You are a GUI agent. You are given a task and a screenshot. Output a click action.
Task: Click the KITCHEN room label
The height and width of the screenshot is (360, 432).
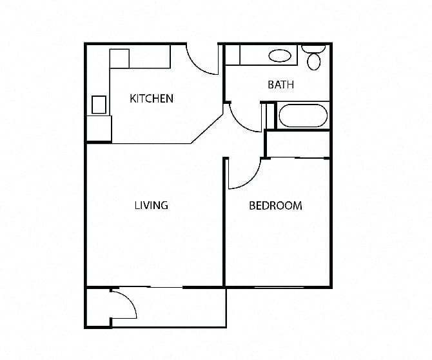152,99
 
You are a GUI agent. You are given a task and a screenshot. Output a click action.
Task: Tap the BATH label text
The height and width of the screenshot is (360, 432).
280,85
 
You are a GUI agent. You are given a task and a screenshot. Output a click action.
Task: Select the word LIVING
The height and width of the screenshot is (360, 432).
152,205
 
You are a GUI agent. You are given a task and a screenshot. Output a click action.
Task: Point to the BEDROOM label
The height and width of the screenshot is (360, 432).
275,206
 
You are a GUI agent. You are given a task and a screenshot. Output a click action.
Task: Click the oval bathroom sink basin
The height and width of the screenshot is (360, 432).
279,55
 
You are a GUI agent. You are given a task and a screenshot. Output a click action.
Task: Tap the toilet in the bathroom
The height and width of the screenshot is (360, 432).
314,58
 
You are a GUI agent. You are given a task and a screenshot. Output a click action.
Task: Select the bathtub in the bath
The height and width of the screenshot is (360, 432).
302,117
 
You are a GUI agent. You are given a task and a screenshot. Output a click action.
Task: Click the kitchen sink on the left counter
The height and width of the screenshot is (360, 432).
99,104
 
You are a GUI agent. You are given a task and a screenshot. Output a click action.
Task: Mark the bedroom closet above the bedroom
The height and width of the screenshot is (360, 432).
297,145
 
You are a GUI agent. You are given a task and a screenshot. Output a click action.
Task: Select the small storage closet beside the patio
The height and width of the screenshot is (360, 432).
98,306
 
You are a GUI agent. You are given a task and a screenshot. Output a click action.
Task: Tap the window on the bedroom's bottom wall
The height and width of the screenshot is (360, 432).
277,286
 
